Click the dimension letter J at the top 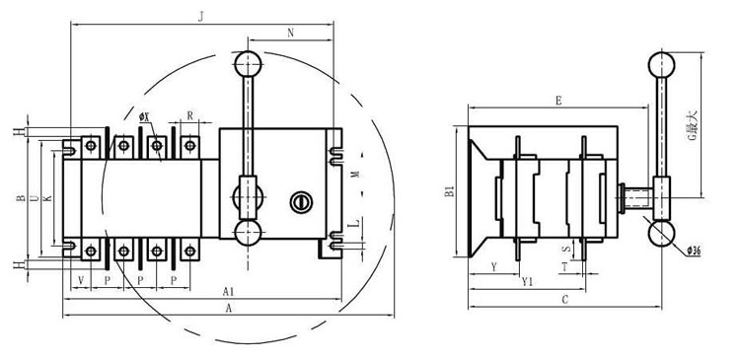[x=200, y=17]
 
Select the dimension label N [x=291, y=33]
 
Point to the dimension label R [x=189, y=115]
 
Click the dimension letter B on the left [x=21, y=198]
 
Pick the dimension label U [x=35, y=198]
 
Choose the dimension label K [x=46, y=198]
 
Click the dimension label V [x=81, y=280]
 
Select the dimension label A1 [x=229, y=292]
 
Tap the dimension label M [x=356, y=174]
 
